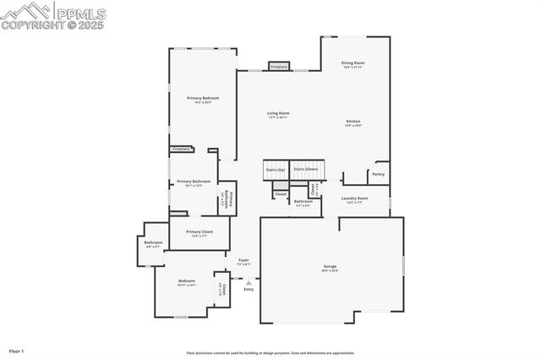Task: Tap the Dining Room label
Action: click(x=352, y=63)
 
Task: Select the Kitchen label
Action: click(x=352, y=122)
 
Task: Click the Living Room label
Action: click(x=278, y=113)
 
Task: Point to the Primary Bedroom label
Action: click(x=203, y=98)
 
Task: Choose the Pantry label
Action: click(x=378, y=174)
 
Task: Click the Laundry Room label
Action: click(x=354, y=199)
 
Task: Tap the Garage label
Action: click(x=330, y=266)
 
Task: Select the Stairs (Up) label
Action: click(x=276, y=169)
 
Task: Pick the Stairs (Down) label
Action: click(x=306, y=169)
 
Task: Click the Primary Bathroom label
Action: click(x=194, y=182)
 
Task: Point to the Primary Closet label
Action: click(x=199, y=232)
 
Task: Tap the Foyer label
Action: click(x=243, y=260)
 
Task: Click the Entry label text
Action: click(x=249, y=290)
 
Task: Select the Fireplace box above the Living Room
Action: click(x=279, y=66)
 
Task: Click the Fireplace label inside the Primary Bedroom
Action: click(x=182, y=150)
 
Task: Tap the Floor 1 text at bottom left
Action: click(x=17, y=350)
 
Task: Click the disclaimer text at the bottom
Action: click(x=282, y=353)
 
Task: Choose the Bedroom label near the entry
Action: click(x=186, y=281)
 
